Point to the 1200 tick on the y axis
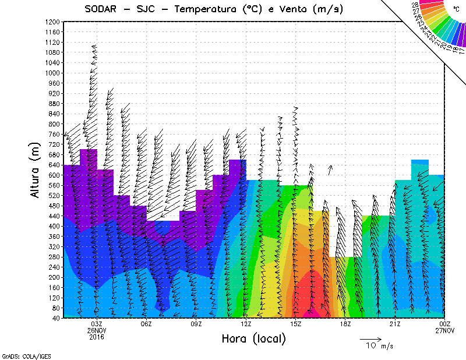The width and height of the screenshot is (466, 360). [x=52, y=22]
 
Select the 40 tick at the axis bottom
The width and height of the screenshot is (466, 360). [x=56, y=318]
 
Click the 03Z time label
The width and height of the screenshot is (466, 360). [x=97, y=324]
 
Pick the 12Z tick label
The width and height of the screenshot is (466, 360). [x=246, y=324]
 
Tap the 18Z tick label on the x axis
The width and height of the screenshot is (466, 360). [x=345, y=324]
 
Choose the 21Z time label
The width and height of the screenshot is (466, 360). [x=394, y=324]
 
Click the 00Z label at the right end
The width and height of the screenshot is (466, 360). [x=445, y=324]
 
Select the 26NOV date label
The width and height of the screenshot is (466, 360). [x=97, y=330]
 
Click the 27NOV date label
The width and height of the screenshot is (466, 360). [x=445, y=330]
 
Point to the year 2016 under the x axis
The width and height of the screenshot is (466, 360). [x=97, y=337]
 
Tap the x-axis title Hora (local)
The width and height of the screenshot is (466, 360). [x=253, y=338]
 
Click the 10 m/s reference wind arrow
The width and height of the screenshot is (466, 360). [x=370, y=338]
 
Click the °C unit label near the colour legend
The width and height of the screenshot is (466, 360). [x=456, y=9]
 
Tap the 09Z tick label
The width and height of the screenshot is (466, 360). [x=196, y=324]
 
